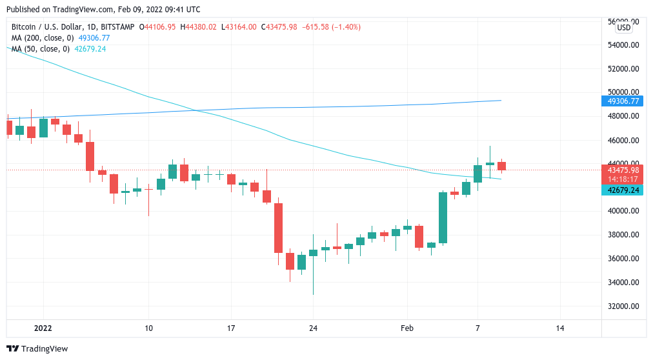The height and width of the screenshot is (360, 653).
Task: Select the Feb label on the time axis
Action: (407, 328)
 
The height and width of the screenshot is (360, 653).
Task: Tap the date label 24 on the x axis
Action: (312, 328)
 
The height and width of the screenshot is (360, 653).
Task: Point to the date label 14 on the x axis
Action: (559, 328)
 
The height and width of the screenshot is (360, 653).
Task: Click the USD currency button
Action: (623, 28)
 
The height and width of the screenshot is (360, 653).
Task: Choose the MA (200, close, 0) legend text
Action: (43, 38)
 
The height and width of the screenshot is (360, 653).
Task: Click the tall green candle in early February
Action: (443, 217)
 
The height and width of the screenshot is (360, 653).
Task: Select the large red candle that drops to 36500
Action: (279, 228)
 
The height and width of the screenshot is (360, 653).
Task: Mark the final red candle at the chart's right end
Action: (501, 166)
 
